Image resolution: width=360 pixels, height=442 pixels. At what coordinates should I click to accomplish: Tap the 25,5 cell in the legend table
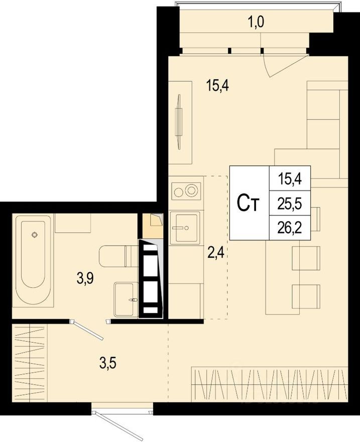[290, 203]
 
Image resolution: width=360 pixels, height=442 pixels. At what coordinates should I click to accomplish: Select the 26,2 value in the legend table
[290, 228]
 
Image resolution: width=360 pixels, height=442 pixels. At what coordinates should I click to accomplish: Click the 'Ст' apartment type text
[249, 203]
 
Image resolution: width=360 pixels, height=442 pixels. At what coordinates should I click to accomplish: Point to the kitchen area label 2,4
[215, 251]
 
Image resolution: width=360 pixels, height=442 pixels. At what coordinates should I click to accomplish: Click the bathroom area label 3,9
[86, 278]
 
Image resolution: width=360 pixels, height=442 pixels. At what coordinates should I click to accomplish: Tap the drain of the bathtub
[34, 234]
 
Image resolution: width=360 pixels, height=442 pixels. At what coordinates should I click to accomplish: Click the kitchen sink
[185, 228]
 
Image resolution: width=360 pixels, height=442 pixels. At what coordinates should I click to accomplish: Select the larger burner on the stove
[191, 190]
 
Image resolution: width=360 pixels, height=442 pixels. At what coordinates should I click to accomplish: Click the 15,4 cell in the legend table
[290, 178]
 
